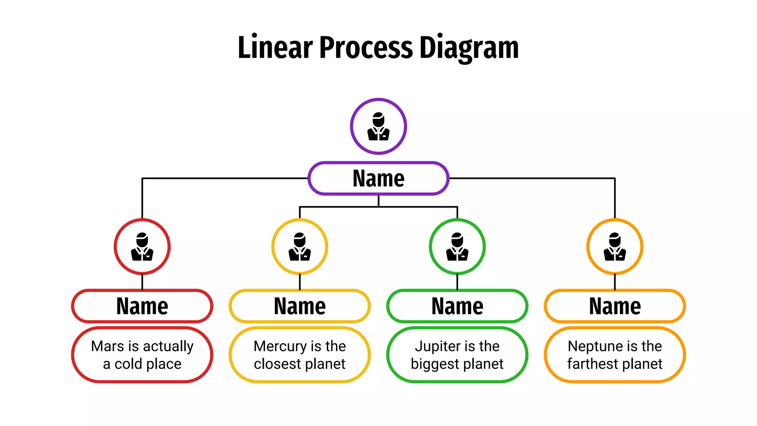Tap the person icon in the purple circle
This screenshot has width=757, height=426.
coord(378,126)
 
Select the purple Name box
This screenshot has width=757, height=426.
coord(378,178)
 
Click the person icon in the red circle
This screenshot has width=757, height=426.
coord(142,247)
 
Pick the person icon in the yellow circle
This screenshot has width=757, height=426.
coord(300,247)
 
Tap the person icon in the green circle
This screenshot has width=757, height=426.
coord(457,247)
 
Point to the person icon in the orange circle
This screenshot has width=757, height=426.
coord(615,247)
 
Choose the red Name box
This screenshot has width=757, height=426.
coord(142,306)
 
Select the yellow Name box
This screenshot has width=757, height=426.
coord(300,306)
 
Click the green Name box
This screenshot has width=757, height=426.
coord(457,306)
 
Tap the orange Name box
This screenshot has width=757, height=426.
coord(615,306)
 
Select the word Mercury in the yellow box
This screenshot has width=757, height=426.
coord(280,346)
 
